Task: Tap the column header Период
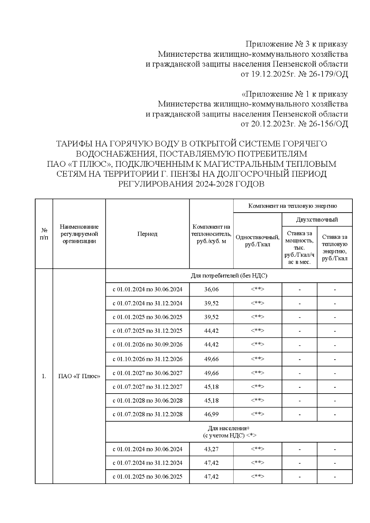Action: pyautogui.click(x=147, y=234)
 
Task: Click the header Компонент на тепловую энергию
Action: pyautogui.click(x=292, y=206)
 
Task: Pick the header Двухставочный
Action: pyautogui.click(x=317, y=220)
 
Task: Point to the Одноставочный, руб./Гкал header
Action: pyautogui.click(x=257, y=241)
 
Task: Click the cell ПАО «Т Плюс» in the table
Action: pyautogui.click(x=79, y=376)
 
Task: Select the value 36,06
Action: pyautogui.click(x=211, y=289)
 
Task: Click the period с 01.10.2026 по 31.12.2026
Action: pyautogui.click(x=147, y=359)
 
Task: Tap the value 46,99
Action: pyautogui.click(x=211, y=414)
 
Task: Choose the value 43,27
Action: pyautogui.click(x=211, y=449)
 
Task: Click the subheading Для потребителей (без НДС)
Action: pyautogui.click(x=229, y=276)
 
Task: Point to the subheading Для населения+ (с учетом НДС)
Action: pyautogui.click(x=229, y=432)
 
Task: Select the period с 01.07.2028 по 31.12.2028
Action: pyautogui.click(x=147, y=414)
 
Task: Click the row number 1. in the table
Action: pyautogui.click(x=44, y=376)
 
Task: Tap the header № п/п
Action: pyautogui.click(x=44, y=234)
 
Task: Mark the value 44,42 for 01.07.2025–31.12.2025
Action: pyautogui.click(x=211, y=331)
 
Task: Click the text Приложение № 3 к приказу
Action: pyautogui.click(x=296, y=44)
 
